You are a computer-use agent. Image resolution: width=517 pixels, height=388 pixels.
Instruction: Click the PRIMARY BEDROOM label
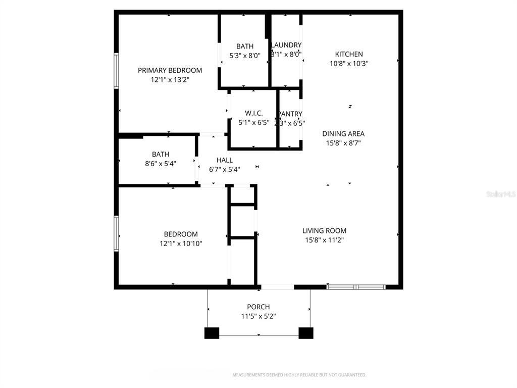pos(170,70)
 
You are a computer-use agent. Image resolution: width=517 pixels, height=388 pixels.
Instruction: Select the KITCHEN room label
pos(349,54)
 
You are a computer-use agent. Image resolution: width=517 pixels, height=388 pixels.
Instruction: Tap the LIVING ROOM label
pos(324,231)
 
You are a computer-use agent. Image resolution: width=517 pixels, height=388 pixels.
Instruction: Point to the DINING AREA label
pos(343,134)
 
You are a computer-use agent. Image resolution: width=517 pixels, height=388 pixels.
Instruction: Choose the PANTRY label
pos(290,114)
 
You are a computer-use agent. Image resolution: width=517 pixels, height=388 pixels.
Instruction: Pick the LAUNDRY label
pos(286,45)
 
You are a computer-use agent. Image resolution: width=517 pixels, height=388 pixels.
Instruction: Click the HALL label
pos(224,160)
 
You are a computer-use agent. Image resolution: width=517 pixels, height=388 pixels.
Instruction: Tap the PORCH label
pos(258,307)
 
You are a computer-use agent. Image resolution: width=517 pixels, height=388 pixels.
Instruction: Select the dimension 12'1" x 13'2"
pos(170,80)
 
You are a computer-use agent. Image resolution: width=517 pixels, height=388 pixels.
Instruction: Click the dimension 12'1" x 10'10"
pos(181,244)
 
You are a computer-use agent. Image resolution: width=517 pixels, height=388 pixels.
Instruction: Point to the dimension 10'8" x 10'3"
pos(349,64)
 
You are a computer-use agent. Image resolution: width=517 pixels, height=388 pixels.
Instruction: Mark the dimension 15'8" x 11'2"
pos(324,240)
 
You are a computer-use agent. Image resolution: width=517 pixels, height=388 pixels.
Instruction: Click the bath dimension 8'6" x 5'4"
pos(161,164)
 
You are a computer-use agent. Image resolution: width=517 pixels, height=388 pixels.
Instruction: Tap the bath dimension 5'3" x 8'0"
pos(245,56)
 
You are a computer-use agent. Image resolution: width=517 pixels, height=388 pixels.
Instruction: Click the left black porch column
pos(212,333)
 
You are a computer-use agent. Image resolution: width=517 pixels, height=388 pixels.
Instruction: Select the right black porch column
pos(306,333)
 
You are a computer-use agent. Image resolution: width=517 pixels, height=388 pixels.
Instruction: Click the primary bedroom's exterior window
pos(116,71)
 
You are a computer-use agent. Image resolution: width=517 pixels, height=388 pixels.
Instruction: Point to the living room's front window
pos(356,287)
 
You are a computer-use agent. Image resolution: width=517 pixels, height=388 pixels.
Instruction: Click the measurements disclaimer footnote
pos(299,375)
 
